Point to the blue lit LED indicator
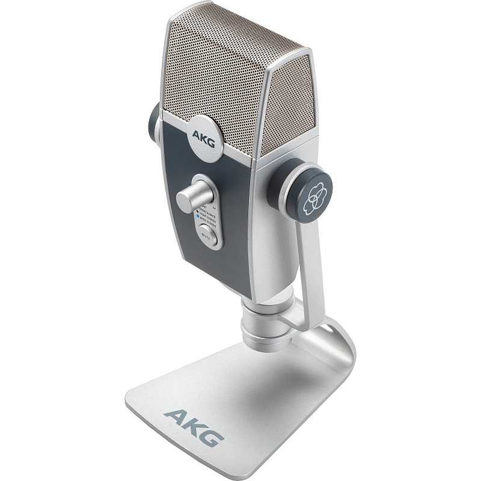click(x=197, y=216)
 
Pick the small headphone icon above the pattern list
click(x=214, y=207)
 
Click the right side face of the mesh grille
click(x=286, y=108)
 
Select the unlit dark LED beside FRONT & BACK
click(x=197, y=211)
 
